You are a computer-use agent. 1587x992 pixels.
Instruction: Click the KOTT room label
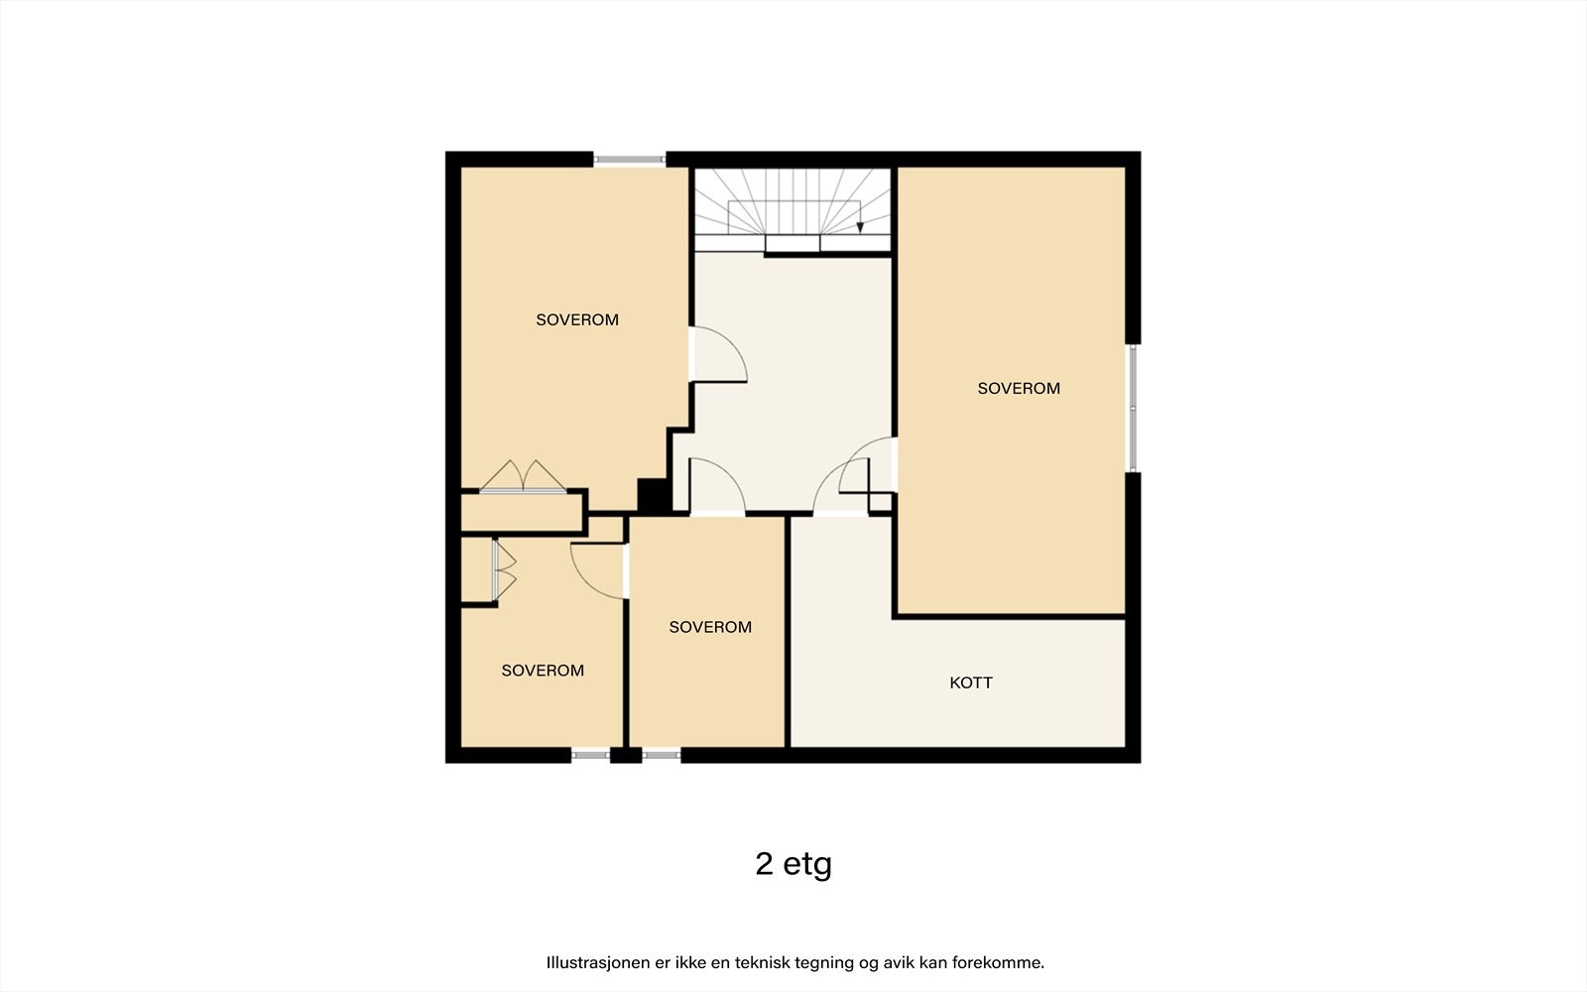tap(971, 682)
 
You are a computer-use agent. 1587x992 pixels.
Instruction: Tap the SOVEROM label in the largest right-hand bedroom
tap(1019, 388)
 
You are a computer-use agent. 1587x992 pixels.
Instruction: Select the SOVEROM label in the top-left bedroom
tap(577, 319)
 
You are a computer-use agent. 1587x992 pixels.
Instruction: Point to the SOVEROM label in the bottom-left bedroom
tap(543, 671)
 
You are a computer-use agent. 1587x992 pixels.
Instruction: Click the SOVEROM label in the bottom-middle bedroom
tap(710, 627)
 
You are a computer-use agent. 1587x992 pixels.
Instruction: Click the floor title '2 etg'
tap(793, 864)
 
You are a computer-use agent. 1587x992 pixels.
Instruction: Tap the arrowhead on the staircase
tap(860, 227)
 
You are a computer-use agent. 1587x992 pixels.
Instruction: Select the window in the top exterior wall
tap(629, 160)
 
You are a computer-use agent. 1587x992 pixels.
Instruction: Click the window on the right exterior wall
tap(1133, 408)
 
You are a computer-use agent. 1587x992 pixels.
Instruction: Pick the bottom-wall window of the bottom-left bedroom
tap(591, 755)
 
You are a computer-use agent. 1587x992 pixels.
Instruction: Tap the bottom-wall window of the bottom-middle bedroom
tap(661, 755)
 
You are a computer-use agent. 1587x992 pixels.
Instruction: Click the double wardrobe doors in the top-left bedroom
tap(524, 476)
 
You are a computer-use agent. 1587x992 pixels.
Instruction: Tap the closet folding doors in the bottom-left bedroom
tap(504, 569)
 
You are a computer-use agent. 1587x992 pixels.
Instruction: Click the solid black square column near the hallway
tap(654, 495)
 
